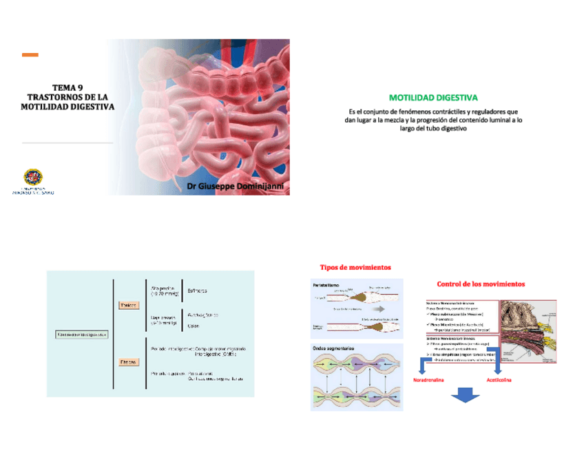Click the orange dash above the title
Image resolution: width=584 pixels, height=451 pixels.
click(30, 55)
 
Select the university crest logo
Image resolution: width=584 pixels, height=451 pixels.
click(32, 178)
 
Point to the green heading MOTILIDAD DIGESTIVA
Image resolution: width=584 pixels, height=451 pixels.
click(433, 98)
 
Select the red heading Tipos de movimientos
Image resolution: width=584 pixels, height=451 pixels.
click(355, 267)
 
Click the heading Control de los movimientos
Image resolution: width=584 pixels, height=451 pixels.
click(481, 284)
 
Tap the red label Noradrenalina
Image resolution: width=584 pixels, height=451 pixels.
click(428, 379)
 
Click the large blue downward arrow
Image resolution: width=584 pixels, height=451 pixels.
click(466, 398)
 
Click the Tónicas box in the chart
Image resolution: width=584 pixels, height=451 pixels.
click(129, 305)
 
